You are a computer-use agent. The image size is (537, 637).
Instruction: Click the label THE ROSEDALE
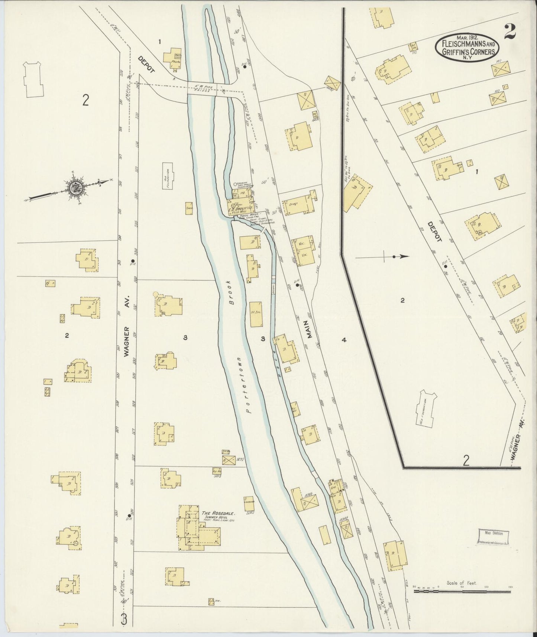click(219, 514)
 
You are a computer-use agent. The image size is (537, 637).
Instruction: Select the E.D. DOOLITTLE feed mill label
click(240, 208)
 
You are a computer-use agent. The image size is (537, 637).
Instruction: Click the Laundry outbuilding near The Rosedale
click(249, 502)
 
